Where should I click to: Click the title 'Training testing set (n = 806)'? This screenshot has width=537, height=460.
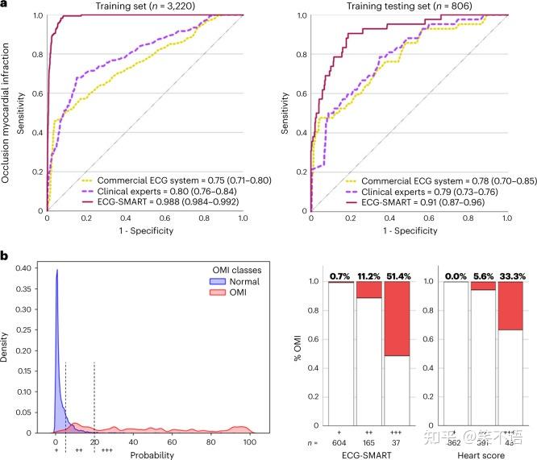(x=408, y=6)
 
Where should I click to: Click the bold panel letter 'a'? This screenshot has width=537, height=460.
(x=5, y=6)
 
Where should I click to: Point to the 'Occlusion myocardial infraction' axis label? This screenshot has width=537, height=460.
(x=9, y=113)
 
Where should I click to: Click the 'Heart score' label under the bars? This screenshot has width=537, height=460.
(x=477, y=456)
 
